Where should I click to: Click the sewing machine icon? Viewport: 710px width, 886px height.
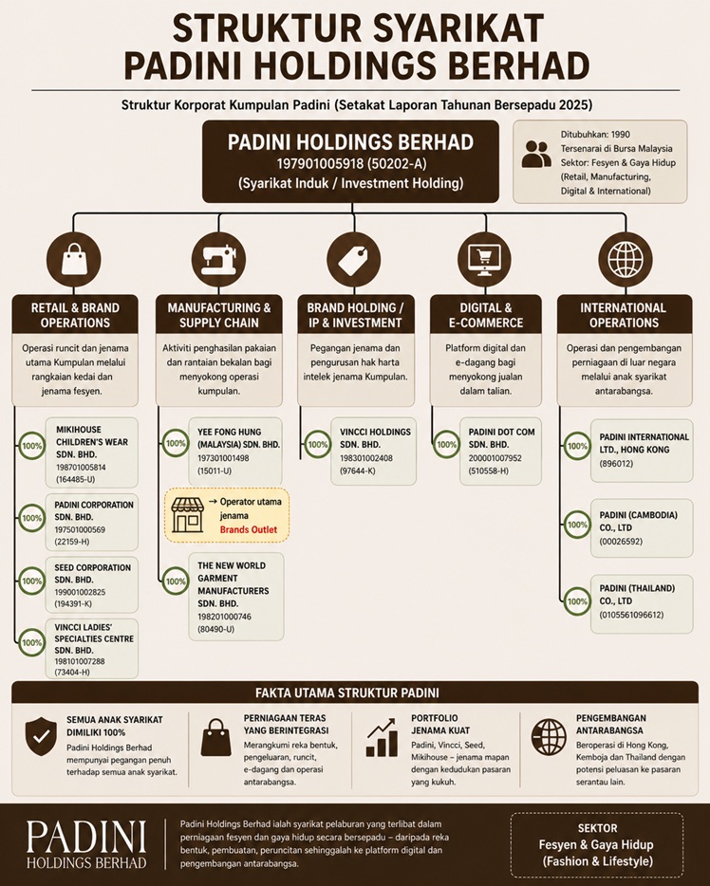click(x=219, y=260)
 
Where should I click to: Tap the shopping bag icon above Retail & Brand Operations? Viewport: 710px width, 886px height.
click(x=74, y=260)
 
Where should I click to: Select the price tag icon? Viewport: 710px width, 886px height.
click(x=353, y=260)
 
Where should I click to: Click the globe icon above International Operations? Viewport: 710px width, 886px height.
click(x=625, y=260)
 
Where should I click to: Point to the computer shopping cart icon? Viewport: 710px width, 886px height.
click(x=484, y=260)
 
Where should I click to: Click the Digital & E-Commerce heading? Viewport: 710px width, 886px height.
click(x=486, y=315)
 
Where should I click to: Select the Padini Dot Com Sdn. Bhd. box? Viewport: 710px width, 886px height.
click(x=500, y=451)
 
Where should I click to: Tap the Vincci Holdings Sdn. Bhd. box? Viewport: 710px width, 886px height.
click(x=374, y=451)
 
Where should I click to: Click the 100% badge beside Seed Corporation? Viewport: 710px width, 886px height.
click(x=31, y=581)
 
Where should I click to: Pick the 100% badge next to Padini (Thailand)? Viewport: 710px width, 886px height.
click(x=577, y=601)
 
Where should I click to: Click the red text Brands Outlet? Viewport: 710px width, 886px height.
click(x=249, y=529)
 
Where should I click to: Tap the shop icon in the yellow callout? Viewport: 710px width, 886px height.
click(x=187, y=515)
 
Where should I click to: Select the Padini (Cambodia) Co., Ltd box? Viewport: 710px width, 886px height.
click(x=642, y=528)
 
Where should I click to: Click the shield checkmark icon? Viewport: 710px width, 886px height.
click(x=41, y=736)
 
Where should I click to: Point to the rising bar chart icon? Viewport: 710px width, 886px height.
click(x=383, y=737)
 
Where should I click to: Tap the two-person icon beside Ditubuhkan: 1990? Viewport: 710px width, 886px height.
click(x=536, y=154)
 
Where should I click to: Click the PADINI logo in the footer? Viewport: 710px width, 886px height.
click(x=86, y=844)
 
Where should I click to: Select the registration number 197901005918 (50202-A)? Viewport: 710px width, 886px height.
click(x=351, y=164)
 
